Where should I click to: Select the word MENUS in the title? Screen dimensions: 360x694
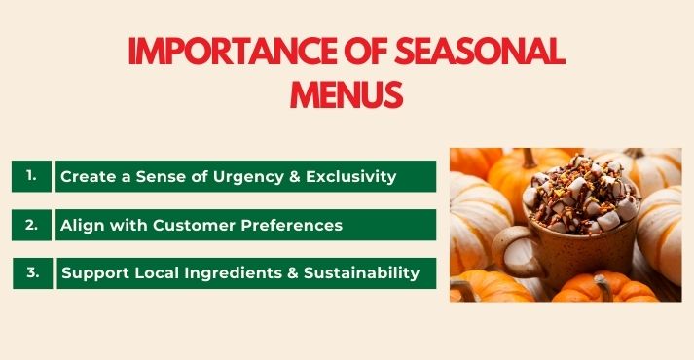tap(347, 94)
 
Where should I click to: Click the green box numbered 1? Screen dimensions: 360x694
tap(31, 176)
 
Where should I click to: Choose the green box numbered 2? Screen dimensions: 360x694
tap(31, 224)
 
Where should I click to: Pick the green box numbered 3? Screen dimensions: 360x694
tap(31, 272)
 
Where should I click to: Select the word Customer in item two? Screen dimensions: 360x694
tap(178, 225)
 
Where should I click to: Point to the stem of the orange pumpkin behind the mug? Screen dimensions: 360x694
tap(530, 158)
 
